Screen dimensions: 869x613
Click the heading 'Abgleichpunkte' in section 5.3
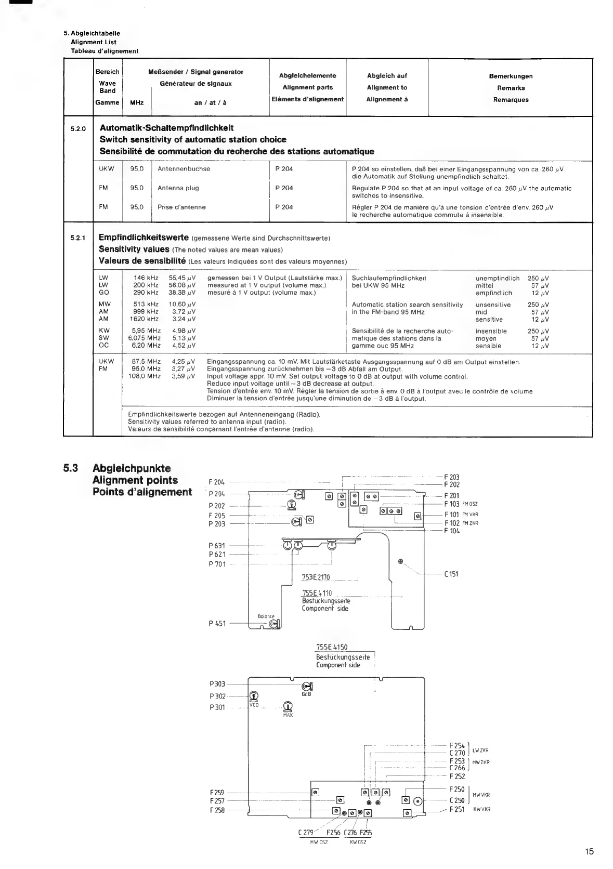click(132, 468)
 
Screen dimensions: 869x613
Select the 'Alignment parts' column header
click(307, 87)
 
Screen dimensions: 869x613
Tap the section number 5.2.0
click(77, 128)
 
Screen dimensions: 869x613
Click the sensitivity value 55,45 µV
click(182, 278)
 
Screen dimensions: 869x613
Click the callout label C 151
click(451, 574)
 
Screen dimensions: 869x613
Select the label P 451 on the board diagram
click(217, 624)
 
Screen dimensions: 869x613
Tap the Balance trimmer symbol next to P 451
click(276, 624)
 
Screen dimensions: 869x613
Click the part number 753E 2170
click(316, 577)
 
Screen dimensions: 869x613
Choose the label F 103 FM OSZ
click(460, 504)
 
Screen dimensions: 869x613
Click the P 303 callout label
click(217, 684)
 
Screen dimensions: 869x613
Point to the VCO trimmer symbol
click(254, 696)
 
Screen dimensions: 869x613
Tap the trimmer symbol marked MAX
click(288, 706)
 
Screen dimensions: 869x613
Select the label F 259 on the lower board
click(217, 793)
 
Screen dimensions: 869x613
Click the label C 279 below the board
click(306, 833)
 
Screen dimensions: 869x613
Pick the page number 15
click(589, 851)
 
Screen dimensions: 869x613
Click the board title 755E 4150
click(331, 647)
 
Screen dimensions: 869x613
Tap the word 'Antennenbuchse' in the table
click(184, 169)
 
